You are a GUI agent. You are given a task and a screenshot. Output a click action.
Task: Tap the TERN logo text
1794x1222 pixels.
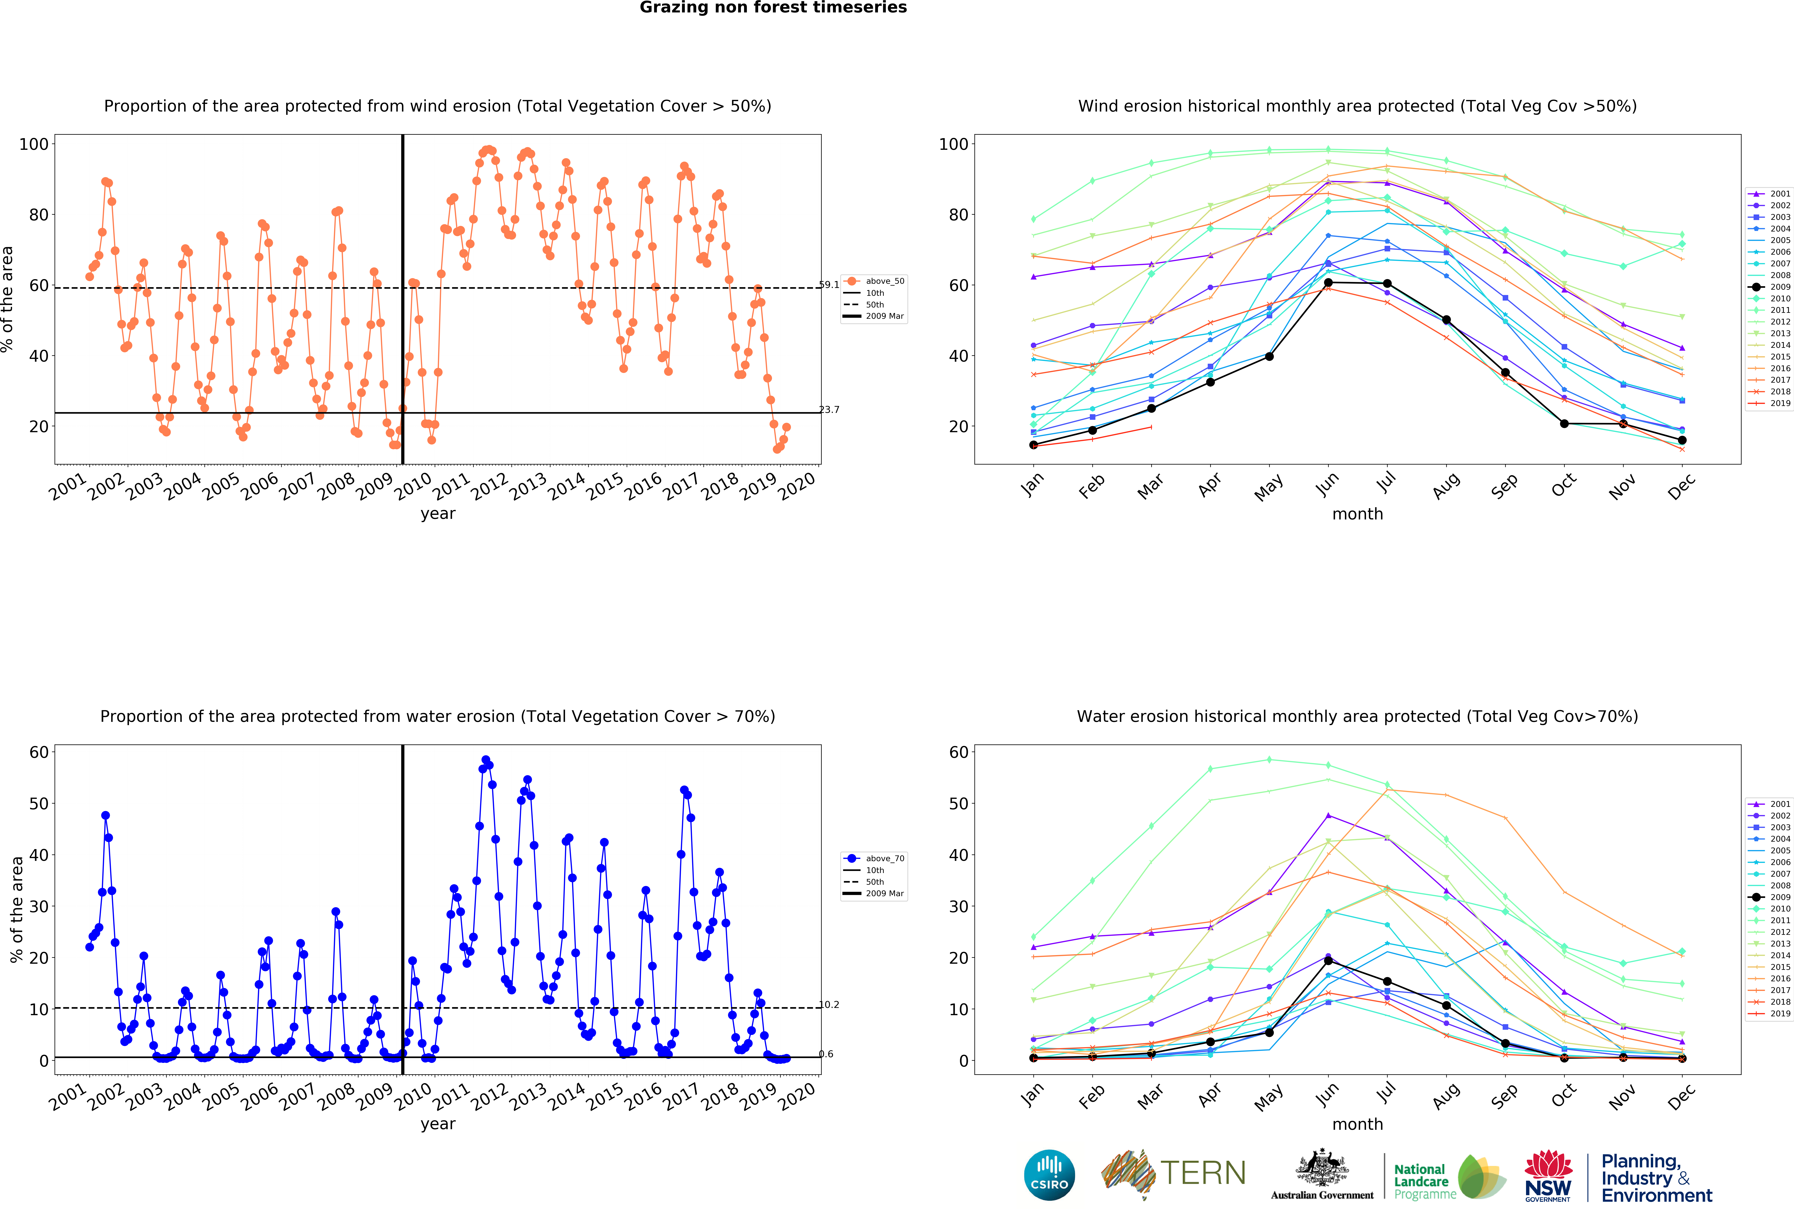1203,1173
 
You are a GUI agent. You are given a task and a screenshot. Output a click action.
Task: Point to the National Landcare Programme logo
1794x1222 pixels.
1449,1177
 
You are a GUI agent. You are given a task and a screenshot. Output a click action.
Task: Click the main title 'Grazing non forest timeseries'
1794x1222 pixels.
773,8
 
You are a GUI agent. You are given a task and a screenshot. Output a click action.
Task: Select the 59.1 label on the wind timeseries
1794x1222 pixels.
829,285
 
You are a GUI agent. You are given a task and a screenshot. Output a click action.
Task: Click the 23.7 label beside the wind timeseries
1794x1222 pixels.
829,410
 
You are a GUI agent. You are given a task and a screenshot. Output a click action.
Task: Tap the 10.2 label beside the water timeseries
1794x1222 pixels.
829,1004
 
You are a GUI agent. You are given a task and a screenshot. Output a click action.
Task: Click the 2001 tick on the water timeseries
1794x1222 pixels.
68,1096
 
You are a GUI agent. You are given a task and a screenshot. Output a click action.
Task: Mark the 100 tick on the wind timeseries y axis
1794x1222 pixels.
34,144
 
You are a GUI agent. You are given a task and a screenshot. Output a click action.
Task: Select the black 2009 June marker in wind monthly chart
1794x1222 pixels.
1328,282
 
